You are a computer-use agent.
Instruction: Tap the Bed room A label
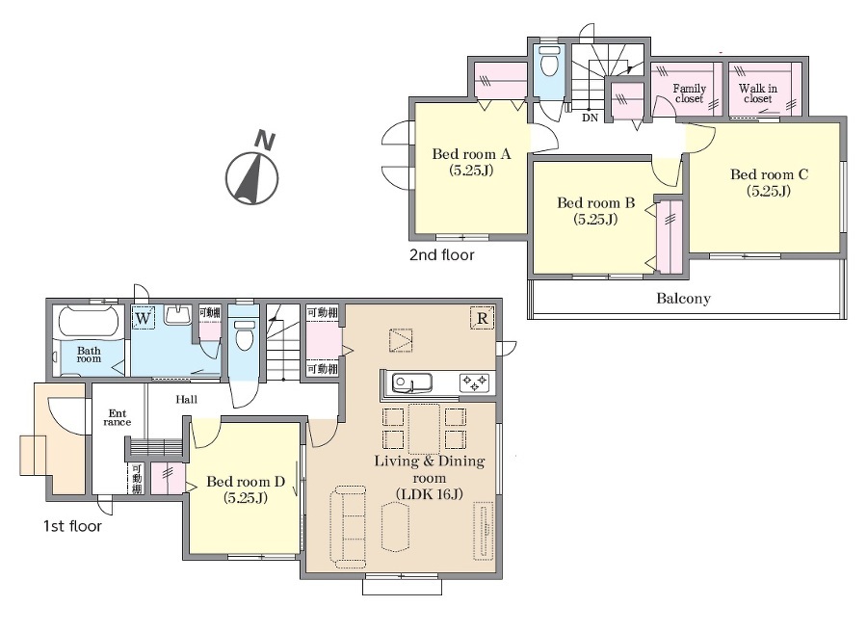471,162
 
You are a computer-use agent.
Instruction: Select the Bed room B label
595,211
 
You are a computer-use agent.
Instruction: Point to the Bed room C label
769,182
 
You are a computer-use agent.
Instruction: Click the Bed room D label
246,489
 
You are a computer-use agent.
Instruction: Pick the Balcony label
683,299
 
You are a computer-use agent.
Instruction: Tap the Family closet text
689,92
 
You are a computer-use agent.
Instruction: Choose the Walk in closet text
757,92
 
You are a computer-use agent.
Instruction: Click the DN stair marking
590,118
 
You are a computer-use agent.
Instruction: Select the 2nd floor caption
442,255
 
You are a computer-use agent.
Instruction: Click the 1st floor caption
72,526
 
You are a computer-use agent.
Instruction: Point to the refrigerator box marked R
483,318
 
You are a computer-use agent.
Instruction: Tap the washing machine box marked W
144,318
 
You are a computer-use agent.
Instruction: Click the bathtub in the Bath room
89,321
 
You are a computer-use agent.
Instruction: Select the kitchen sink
412,382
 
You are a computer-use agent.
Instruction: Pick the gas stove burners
474,382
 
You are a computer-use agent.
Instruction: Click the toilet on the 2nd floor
548,65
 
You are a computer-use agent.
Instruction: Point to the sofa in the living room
349,526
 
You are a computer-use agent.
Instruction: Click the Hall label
186,399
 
